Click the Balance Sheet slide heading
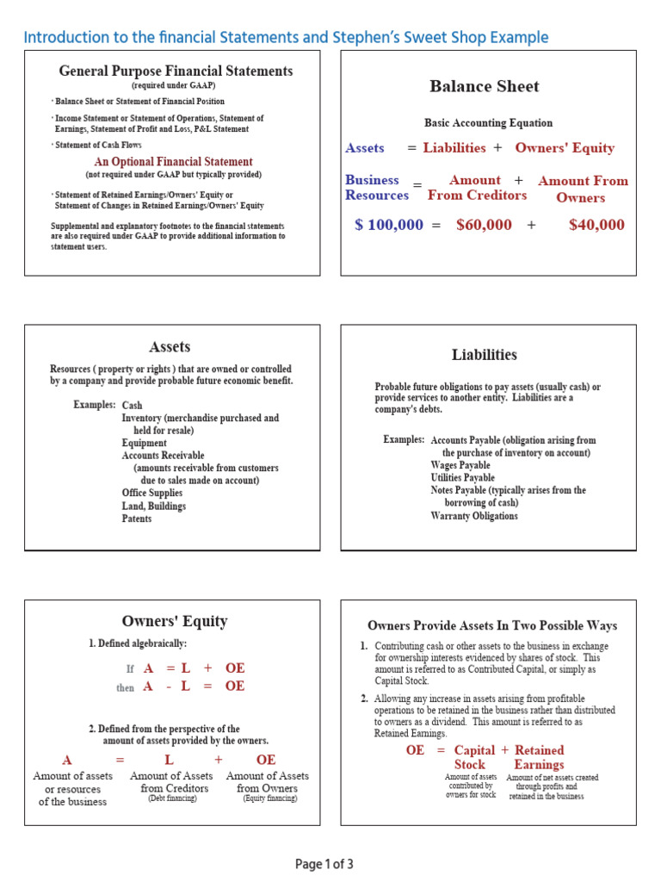pyautogui.click(x=485, y=86)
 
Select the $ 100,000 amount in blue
pyautogui.click(x=389, y=225)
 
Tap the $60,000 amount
pyautogui.click(x=484, y=225)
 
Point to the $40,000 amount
pyautogui.click(x=596, y=225)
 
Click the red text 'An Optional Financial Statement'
pyautogui.click(x=173, y=162)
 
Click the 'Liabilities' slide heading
pyautogui.click(x=485, y=354)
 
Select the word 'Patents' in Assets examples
pyautogui.click(x=137, y=519)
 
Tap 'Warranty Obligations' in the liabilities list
pyautogui.click(x=474, y=516)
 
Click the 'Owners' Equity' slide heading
pyautogui.click(x=175, y=621)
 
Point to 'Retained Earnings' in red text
pyautogui.click(x=539, y=757)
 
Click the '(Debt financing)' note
pyautogui.click(x=172, y=798)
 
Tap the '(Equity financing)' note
pyautogui.click(x=270, y=798)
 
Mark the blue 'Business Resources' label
pyautogui.click(x=375, y=187)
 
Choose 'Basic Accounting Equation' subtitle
pyautogui.click(x=488, y=122)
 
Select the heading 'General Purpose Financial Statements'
pyautogui.click(x=176, y=71)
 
